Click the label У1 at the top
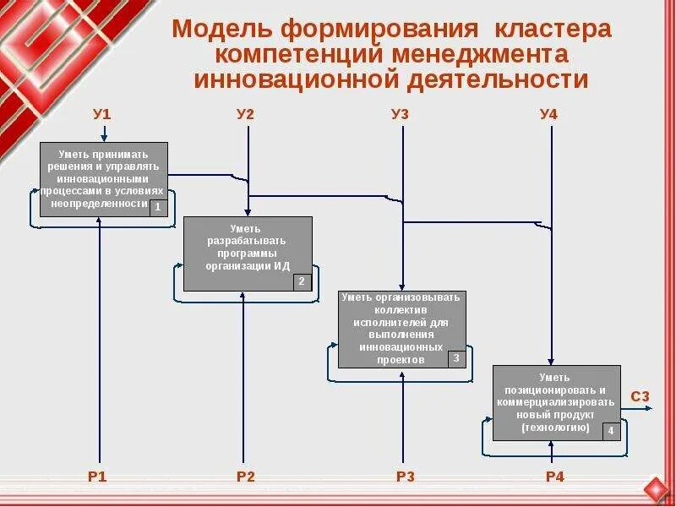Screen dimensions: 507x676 point(102,114)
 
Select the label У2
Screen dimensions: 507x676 point(246,114)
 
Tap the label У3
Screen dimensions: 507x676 point(401,114)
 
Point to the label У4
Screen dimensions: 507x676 point(549,114)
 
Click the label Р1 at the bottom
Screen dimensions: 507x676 point(98,477)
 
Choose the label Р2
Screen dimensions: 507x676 point(246,477)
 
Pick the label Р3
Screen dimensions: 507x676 point(406,477)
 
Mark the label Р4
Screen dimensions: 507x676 point(554,477)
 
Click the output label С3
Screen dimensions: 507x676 point(641,396)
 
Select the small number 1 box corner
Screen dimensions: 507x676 point(158,208)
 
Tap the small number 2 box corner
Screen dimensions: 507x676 point(303,281)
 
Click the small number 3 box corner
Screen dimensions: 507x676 point(456,358)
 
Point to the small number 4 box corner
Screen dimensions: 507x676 point(611,431)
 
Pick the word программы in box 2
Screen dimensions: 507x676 point(248,253)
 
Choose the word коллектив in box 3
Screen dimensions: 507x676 point(402,309)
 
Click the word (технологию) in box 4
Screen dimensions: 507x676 point(555,427)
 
